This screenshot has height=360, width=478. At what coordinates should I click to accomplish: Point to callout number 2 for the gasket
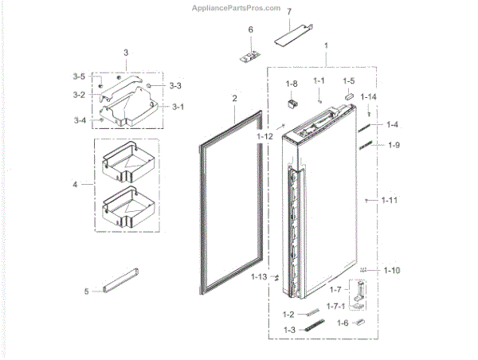coord(235,99)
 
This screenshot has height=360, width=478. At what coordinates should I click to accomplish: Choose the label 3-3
coord(174,85)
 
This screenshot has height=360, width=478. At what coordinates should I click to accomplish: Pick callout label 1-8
coord(292,84)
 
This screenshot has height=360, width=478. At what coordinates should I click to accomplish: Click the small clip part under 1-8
coord(292,101)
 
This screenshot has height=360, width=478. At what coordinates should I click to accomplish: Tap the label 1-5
coord(349,81)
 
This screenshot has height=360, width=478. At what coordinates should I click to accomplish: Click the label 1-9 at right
coord(394,145)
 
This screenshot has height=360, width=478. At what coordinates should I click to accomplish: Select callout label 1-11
coord(388,200)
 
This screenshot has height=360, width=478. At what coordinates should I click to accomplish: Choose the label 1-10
coord(391,271)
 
